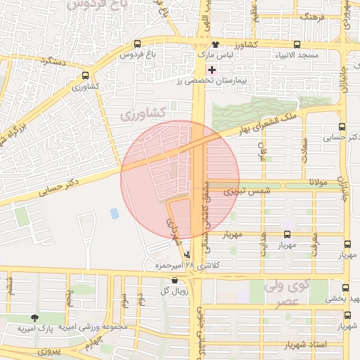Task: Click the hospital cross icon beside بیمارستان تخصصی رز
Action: (x=212, y=70)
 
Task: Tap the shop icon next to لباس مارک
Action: (x=214, y=44)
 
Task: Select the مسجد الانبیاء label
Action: (x=297, y=54)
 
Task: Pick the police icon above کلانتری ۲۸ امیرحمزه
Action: (x=187, y=255)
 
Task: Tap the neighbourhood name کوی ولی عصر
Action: (x=288, y=293)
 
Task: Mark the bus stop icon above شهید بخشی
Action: (x=345, y=288)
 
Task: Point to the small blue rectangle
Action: (x=115, y=213)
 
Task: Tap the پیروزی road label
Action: (x=51, y=349)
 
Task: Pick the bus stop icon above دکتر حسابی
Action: (x=342, y=127)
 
